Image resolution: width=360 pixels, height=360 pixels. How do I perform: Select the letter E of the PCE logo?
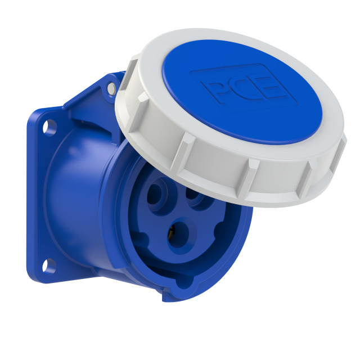[x=268, y=92]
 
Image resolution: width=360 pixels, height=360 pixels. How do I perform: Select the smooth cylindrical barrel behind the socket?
[x=73, y=191]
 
